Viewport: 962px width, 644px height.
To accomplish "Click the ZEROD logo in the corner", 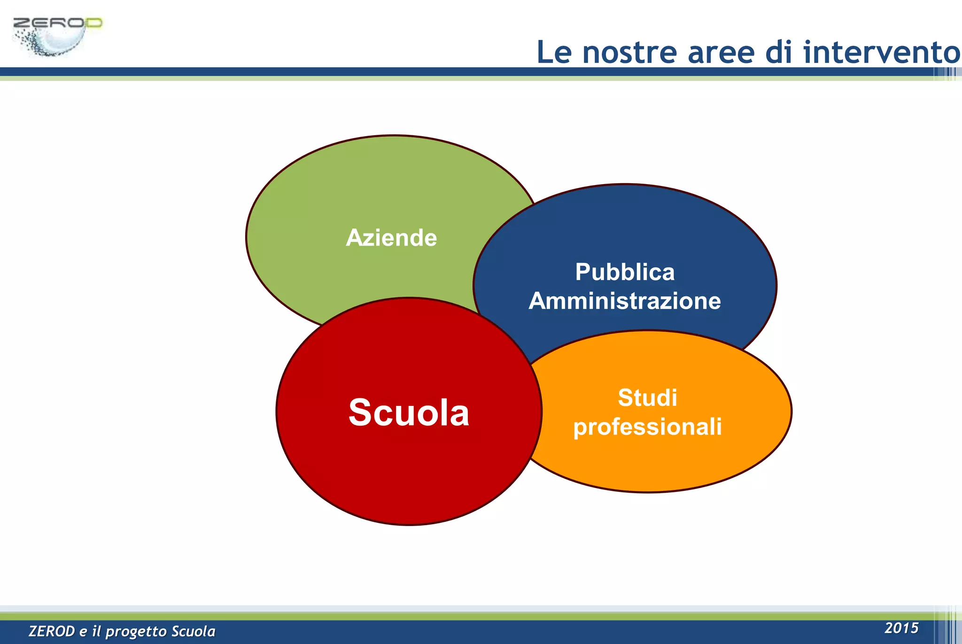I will click(56, 37).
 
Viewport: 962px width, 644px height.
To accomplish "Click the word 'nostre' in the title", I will click(629, 52).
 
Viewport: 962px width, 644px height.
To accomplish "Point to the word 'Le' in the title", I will click(554, 52).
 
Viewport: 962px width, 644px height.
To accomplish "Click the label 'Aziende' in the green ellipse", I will click(391, 238).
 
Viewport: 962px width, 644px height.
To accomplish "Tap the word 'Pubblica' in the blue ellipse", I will click(625, 272).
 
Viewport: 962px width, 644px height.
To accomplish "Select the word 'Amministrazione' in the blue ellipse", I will click(625, 301).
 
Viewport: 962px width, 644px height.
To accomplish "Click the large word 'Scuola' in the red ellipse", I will click(409, 412).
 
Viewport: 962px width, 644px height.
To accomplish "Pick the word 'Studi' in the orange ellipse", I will click(647, 398).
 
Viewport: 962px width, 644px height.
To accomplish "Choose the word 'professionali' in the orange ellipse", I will click(647, 427).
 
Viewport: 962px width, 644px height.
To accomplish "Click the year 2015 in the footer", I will click(901, 628).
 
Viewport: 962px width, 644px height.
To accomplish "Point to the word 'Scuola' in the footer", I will click(193, 631).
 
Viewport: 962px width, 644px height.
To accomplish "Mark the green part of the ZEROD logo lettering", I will click(93, 23).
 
